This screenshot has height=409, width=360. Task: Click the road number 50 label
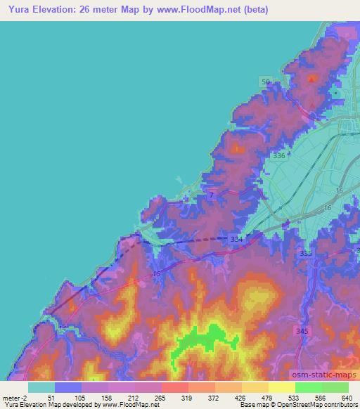click(x=265, y=82)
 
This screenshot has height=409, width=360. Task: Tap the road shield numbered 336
click(x=279, y=156)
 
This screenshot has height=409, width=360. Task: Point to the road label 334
click(x=236, y=240)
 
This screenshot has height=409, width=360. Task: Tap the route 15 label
click(x=156, y=273)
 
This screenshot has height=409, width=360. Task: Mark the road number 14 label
click(x=63, y=328)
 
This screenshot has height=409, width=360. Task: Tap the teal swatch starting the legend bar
click(x=41, y=387)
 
